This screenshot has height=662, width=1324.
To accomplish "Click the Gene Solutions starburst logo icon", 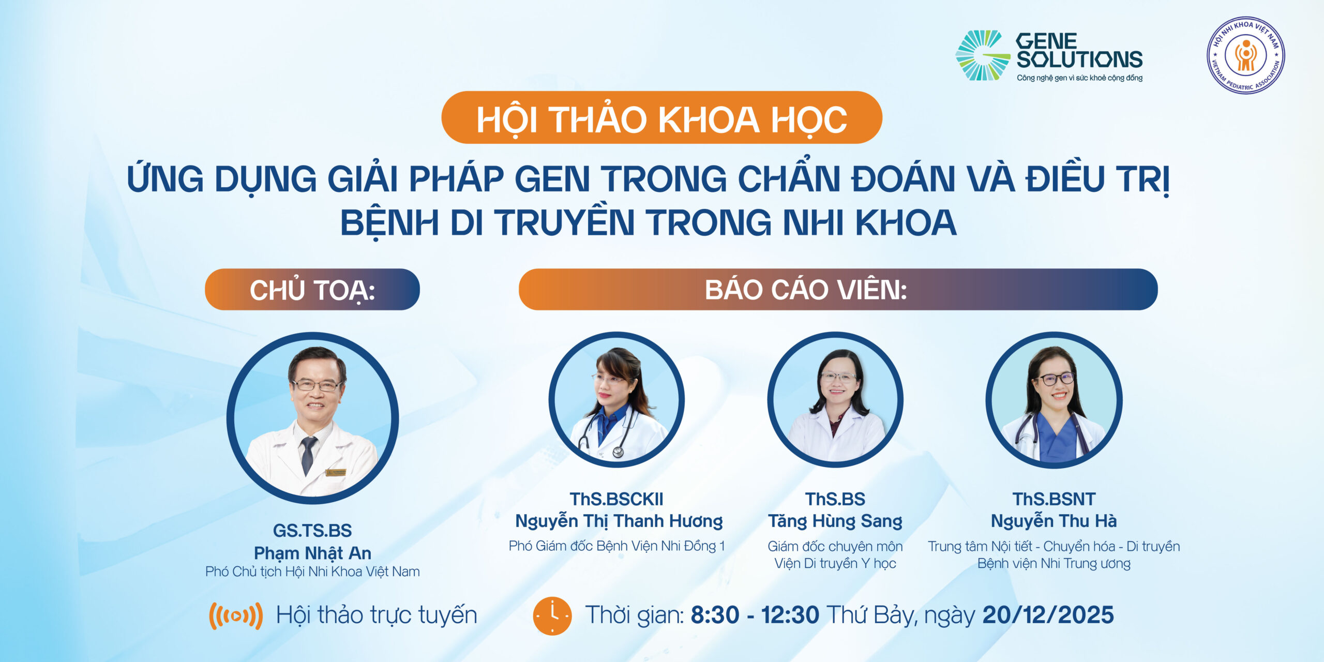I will pyautogui.click(x=981, y=55).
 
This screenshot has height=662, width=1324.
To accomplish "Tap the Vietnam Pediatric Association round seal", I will pyautogui.click(x=1245, y=55).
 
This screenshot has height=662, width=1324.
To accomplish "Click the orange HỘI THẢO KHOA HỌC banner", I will pyautogui.click(x=661, y=118).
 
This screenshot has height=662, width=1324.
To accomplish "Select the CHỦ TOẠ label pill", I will pyautogui.click(x=312, y=290).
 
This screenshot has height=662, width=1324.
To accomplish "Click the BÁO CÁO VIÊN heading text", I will pyautogui.click(x=805, y=290).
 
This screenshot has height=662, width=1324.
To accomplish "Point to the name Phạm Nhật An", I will pyautogui.click(x=312, y=553).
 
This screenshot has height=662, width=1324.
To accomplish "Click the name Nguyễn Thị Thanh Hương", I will pyautogui.click(x=619, y=521).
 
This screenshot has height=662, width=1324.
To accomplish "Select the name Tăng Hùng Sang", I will pyautogui.click(x=835, y=521).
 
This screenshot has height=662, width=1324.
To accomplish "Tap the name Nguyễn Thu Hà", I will pyautogui.click(x=1054, y=521).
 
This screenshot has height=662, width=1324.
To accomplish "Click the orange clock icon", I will pyautogui.click(x=552, y=615).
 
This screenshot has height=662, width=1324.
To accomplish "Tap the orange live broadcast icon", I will pyautogui.click(x=236, y=615).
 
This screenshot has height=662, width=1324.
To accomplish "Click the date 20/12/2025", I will pyautogui.click(x=1048, y=615).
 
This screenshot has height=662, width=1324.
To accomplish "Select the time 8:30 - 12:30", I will pyautogui.click(x=755, y=615).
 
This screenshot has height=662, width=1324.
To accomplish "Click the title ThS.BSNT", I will pyautogui.click(x=1054, y=499).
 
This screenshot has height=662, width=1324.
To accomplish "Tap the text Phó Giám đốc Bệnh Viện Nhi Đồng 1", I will pyautogui.click(x=616, y=546).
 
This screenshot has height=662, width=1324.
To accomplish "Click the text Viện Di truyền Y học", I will pyautogui.click(x=835, y=563).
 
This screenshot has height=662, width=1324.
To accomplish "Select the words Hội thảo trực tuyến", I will pyautogui.click(x=376, y=615).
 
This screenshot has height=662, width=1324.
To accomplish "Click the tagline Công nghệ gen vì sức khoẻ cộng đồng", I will pyautogui.click(x=1079, y=78).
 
